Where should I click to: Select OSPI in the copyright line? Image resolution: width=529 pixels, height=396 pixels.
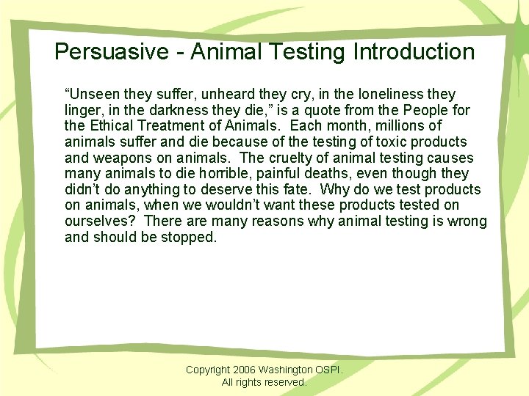pyautogui.click(x=328, y=370)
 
